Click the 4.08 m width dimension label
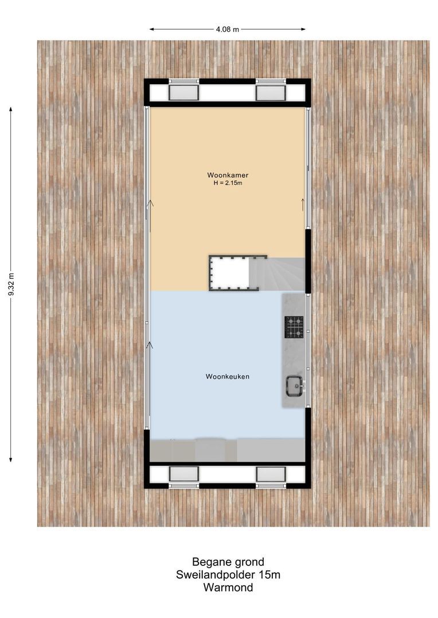click(227, 29)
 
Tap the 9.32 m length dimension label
click(12, 284)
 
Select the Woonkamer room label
click(228, 175)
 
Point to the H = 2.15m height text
click(228, 183)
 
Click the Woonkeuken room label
click(228, 377)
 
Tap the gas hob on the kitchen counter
click(294, 327)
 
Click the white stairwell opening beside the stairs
click(231, 273)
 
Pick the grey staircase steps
click(278, 274)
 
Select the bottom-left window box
click(184, 474)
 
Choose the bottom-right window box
click(271, 474)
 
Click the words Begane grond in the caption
click(228, 562)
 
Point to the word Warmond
click(228, 587)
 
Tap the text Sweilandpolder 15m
click(228, 575)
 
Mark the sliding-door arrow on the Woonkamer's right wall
click(303, 204)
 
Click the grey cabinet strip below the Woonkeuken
click(228, 450)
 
